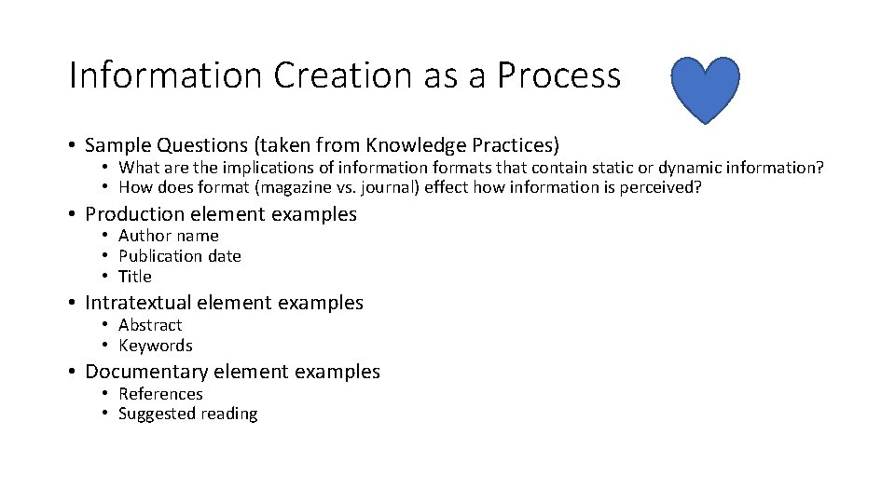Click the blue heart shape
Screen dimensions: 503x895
[x=706, y=88]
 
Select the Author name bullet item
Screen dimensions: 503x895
[x=169, y=236]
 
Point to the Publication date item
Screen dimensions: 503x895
[x=180, y=256]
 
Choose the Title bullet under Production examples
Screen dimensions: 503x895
[x=135, y=277]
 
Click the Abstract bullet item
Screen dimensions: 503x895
[x=150, y=325]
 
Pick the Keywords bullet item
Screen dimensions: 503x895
[x=156, y=346]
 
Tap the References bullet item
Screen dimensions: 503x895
[x=160, y=394]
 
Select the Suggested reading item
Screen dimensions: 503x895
[x=188, y=414]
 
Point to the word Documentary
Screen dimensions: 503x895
[x=146, y=372]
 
